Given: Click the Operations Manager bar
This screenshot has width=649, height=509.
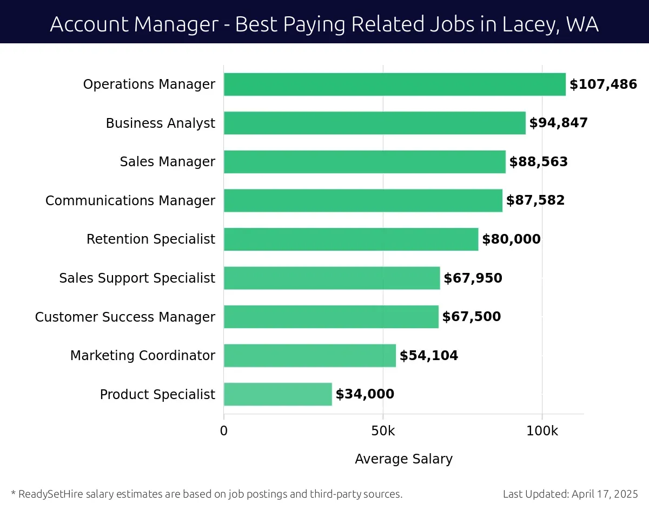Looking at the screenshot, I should tap(394, 84).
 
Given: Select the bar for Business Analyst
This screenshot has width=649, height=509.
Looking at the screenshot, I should tap(374, 123).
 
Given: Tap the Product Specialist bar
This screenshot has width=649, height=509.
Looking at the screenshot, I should tap(277, 394).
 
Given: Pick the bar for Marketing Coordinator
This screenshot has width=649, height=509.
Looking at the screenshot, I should tap(309, 355).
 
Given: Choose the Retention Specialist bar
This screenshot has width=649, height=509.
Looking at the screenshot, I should tap(350, 239).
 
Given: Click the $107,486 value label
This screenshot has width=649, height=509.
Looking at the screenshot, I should tap(603, 84).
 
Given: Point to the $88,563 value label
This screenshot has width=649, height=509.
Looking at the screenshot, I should tap(538, 162).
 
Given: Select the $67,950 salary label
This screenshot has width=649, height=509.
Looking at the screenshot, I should tap(473, 278).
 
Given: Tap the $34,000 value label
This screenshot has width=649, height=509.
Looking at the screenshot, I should tap(365, 394).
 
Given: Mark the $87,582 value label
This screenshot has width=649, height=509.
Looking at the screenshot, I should tap(535, 200).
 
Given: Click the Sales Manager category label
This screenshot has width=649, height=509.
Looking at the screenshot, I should tap(167, 162).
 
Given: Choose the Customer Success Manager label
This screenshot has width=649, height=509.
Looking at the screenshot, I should tap(125, 317).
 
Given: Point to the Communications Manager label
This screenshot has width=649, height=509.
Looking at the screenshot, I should tap(130, 200).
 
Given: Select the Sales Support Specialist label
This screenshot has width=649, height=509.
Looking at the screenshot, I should tap(137, 278).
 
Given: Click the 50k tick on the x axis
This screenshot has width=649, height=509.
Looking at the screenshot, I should tap(383, 431).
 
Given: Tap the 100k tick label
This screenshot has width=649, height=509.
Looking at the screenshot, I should tap(542, 431).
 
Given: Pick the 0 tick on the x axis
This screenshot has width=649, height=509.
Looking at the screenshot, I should tap(224, 431).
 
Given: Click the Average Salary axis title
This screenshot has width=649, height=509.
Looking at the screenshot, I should tap(403, 459).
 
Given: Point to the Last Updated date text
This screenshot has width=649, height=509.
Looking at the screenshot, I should tap(570, 494).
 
